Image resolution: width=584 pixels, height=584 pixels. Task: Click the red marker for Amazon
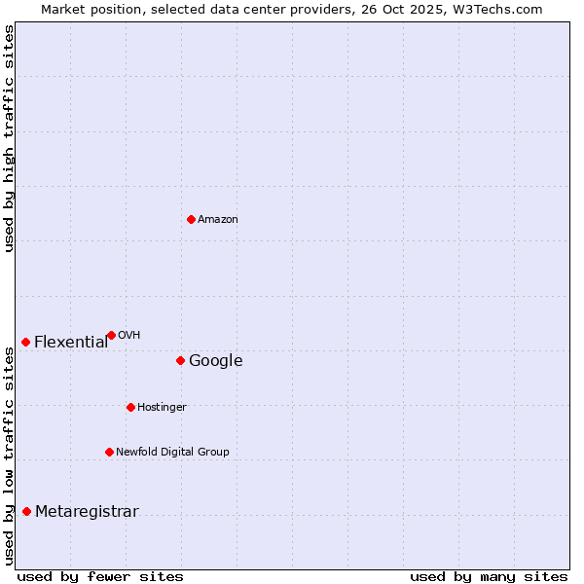(x=191, y=219)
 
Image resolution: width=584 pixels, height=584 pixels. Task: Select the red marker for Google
(x=180, y=360)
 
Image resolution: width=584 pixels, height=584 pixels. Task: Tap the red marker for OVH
(x=111, y=335)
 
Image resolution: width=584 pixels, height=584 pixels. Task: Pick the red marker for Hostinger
(x=130, y=407)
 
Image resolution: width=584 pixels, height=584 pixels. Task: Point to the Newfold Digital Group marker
(x=109, y=452)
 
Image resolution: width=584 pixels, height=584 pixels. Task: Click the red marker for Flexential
(x=25, y=342)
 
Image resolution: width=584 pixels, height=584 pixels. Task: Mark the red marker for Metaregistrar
(x=26, y=511)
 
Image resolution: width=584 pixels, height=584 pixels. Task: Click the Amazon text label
(x=218, y=220)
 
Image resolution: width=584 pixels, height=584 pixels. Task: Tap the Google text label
(x=215, y=361)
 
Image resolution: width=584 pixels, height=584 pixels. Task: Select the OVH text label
(x=129, y=336)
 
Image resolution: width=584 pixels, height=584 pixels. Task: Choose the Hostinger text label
(x=162, y=408)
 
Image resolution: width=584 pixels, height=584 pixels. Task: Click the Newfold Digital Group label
(x=172, y=453)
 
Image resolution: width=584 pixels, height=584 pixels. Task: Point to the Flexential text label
(x=71, y=343)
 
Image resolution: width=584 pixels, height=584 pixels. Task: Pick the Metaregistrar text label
(x=87, y=512)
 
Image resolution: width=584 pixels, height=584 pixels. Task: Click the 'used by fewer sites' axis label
(x=100, y=576)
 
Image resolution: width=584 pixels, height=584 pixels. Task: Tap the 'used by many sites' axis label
(x=489, y=576)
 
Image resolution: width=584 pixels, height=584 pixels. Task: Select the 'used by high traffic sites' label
(x=9, y=138)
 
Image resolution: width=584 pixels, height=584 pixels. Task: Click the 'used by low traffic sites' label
(x=9, y=456)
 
